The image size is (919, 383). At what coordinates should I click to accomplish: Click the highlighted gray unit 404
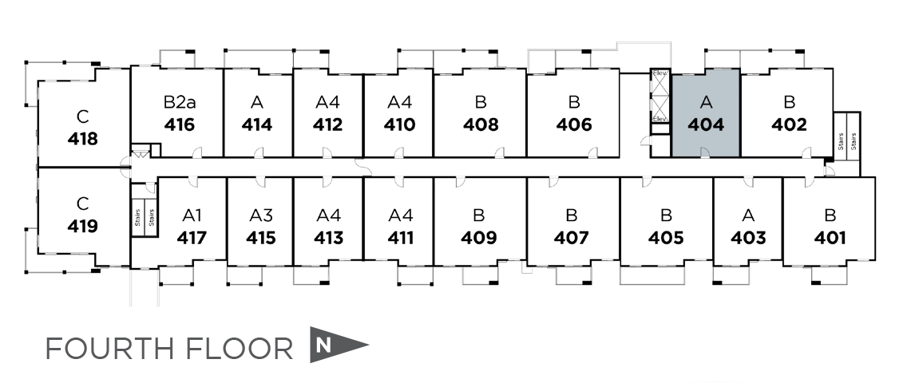(705, 113)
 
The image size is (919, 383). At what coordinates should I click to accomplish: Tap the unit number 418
(83, 139)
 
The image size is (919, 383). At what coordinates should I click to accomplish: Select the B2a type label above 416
(180, 102)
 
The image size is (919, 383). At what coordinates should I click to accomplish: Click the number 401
(830, 237)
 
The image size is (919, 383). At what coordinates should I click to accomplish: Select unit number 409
(479, 237)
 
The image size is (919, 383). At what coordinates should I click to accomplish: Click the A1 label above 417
(192, 215)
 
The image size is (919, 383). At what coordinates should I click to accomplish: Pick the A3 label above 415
(261, 215)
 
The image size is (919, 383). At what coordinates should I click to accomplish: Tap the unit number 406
(574, 124)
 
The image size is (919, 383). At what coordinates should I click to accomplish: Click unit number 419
(83, 226)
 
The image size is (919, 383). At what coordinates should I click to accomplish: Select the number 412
(327, 124)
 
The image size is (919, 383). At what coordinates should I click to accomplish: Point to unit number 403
(748, 237)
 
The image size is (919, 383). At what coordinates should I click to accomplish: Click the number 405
(666, 237)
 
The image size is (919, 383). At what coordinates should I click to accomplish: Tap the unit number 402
(789, 124)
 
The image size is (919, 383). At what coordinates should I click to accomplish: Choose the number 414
(256, 124)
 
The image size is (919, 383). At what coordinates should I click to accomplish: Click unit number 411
(399, 237)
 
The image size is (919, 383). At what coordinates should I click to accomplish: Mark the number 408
(481, 124)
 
